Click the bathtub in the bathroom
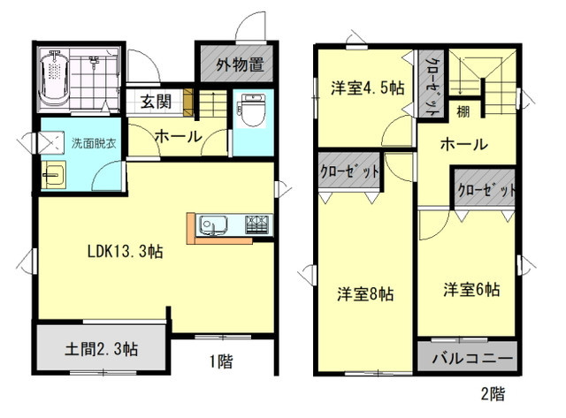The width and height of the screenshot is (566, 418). (54, 79)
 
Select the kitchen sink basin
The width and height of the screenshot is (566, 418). (213, 225)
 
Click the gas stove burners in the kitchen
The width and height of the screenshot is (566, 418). (258, 224)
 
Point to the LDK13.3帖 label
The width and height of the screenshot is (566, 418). (126, 251)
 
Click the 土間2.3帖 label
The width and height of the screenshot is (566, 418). (102, 349)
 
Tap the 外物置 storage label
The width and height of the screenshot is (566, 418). (240, 65)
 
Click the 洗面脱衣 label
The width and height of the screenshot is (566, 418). (94, 143)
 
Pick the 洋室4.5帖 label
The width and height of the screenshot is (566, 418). (368, 88)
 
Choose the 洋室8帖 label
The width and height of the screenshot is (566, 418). (365, 294)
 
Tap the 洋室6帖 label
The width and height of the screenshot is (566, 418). (471, 290)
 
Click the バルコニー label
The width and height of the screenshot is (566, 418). (472, 358)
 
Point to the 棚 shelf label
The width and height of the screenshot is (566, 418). (463, 111)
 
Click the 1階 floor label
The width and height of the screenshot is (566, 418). (221, 361)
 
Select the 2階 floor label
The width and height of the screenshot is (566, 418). (493, 394)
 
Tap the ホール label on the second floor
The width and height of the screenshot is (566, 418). (463, 145)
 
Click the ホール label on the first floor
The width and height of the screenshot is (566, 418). (179, 137)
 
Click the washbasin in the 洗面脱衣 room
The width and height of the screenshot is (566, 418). (53, 175)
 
